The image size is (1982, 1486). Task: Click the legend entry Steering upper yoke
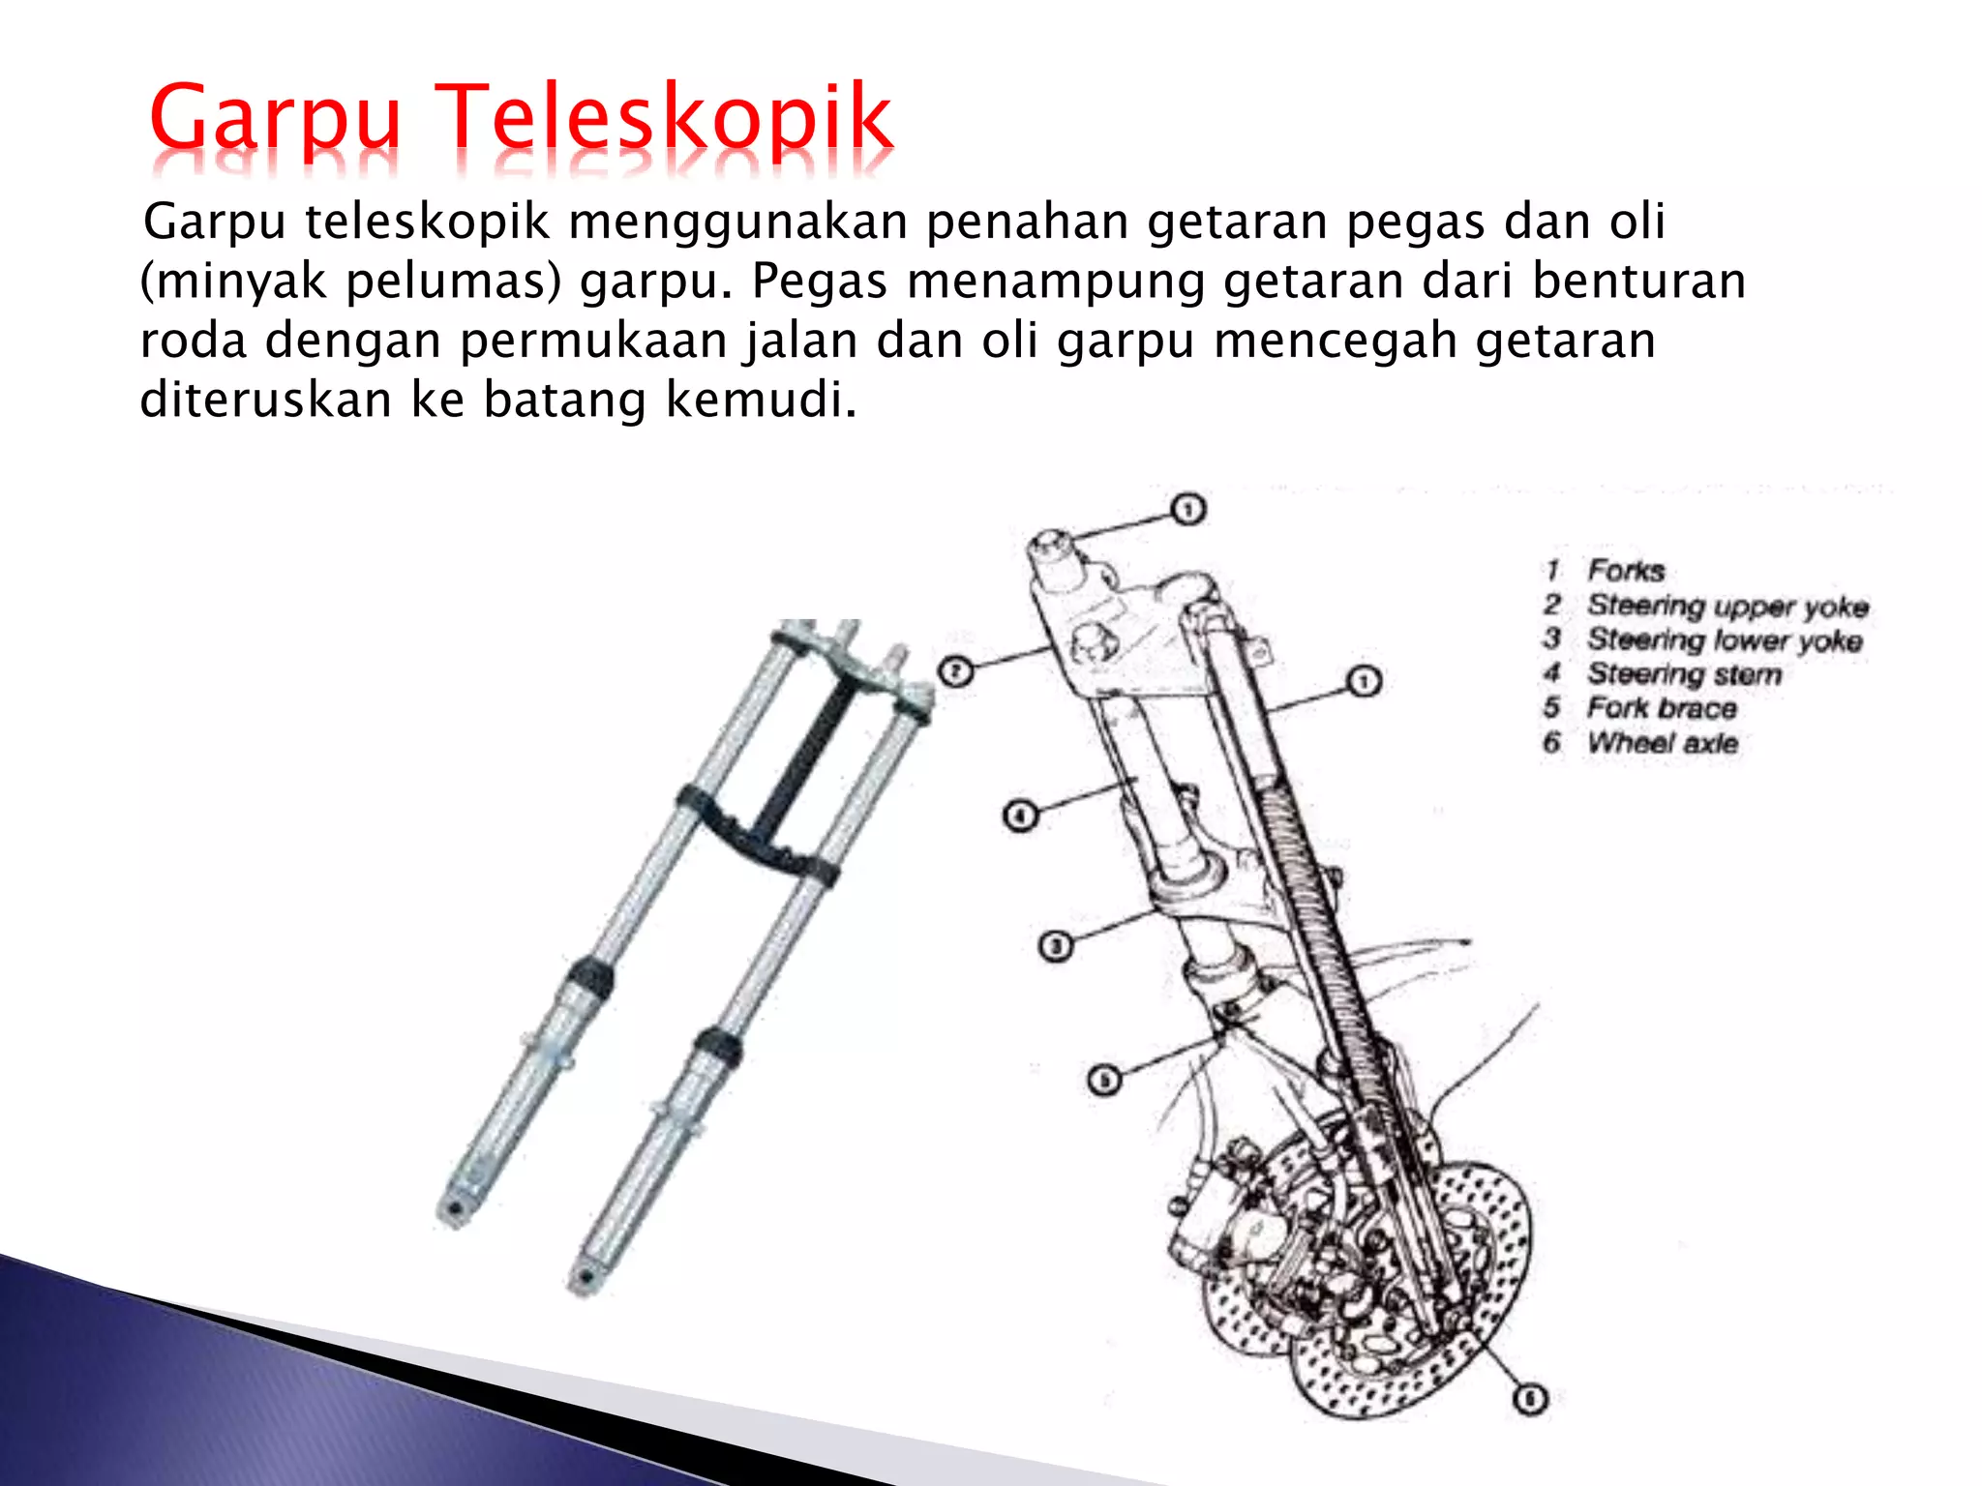pyautogui.click(x=1727, y=607)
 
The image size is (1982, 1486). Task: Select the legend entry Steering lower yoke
pyautogui.click(x=1724, y=640)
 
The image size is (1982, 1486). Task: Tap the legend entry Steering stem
pyautogui.click(x=1684, y=674)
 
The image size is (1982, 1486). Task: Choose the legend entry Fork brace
pyautogui.click(x=1662, y=708)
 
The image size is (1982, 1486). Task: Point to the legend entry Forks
pyautogui.click(x=1626, y=571)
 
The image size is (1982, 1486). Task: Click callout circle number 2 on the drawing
pyautogui.click(x=956, y=671)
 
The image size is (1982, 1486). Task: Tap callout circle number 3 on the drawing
pyautogui.click(x=1056, y=945)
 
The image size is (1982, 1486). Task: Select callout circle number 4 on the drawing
pyautogui.click(x=1020, y=816)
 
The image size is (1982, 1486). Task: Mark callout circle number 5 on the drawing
pyautogui.click(x=1104, y=1080)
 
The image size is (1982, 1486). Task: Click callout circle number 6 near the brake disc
pyautogui.click(x=1530, y=1400)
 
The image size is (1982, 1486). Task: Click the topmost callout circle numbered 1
pyautogui.click(x=1188, y=509)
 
